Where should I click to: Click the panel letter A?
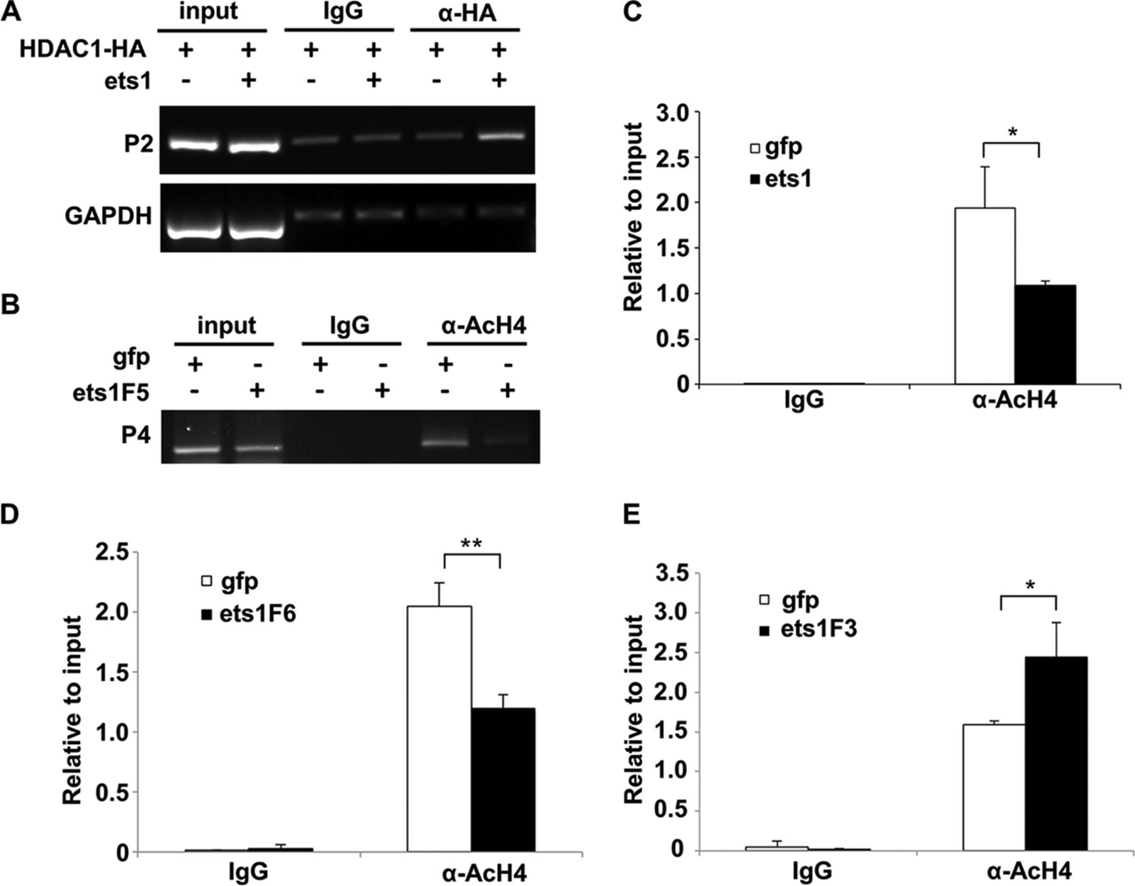(x=11, y=12)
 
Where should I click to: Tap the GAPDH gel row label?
(x=108, y=216)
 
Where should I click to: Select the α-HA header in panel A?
(x=465, y=13)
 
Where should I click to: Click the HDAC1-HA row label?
(x=83, y=50)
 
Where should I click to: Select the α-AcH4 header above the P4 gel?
(x=477, y=327)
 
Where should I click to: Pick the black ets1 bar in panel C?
(x=1045, y=334)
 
